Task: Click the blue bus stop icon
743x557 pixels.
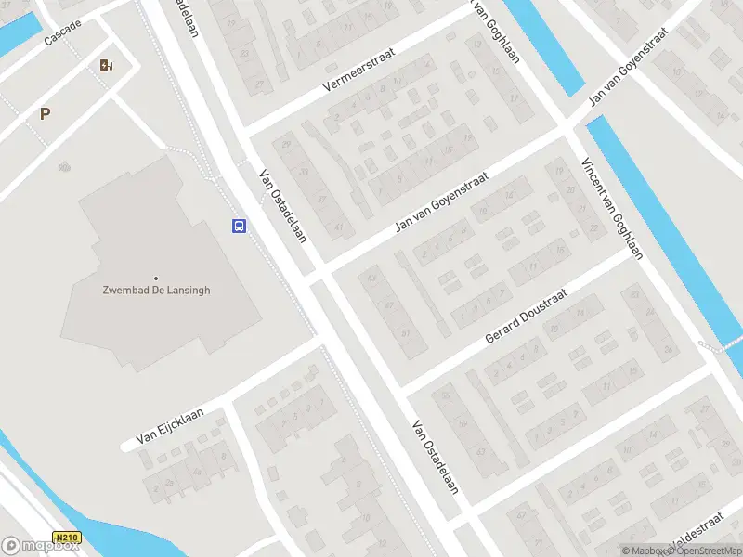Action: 239,226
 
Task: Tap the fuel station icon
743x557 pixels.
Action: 106,65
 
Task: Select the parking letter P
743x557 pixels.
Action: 45,113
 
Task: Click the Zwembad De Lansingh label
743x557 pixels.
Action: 156,290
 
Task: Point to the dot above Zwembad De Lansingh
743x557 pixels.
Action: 156,278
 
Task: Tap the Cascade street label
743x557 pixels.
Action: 63,34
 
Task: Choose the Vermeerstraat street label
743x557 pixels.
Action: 358,70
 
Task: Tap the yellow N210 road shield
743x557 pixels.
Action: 67,538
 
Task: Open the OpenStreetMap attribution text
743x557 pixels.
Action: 702,551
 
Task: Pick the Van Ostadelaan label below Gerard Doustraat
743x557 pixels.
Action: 436,458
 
